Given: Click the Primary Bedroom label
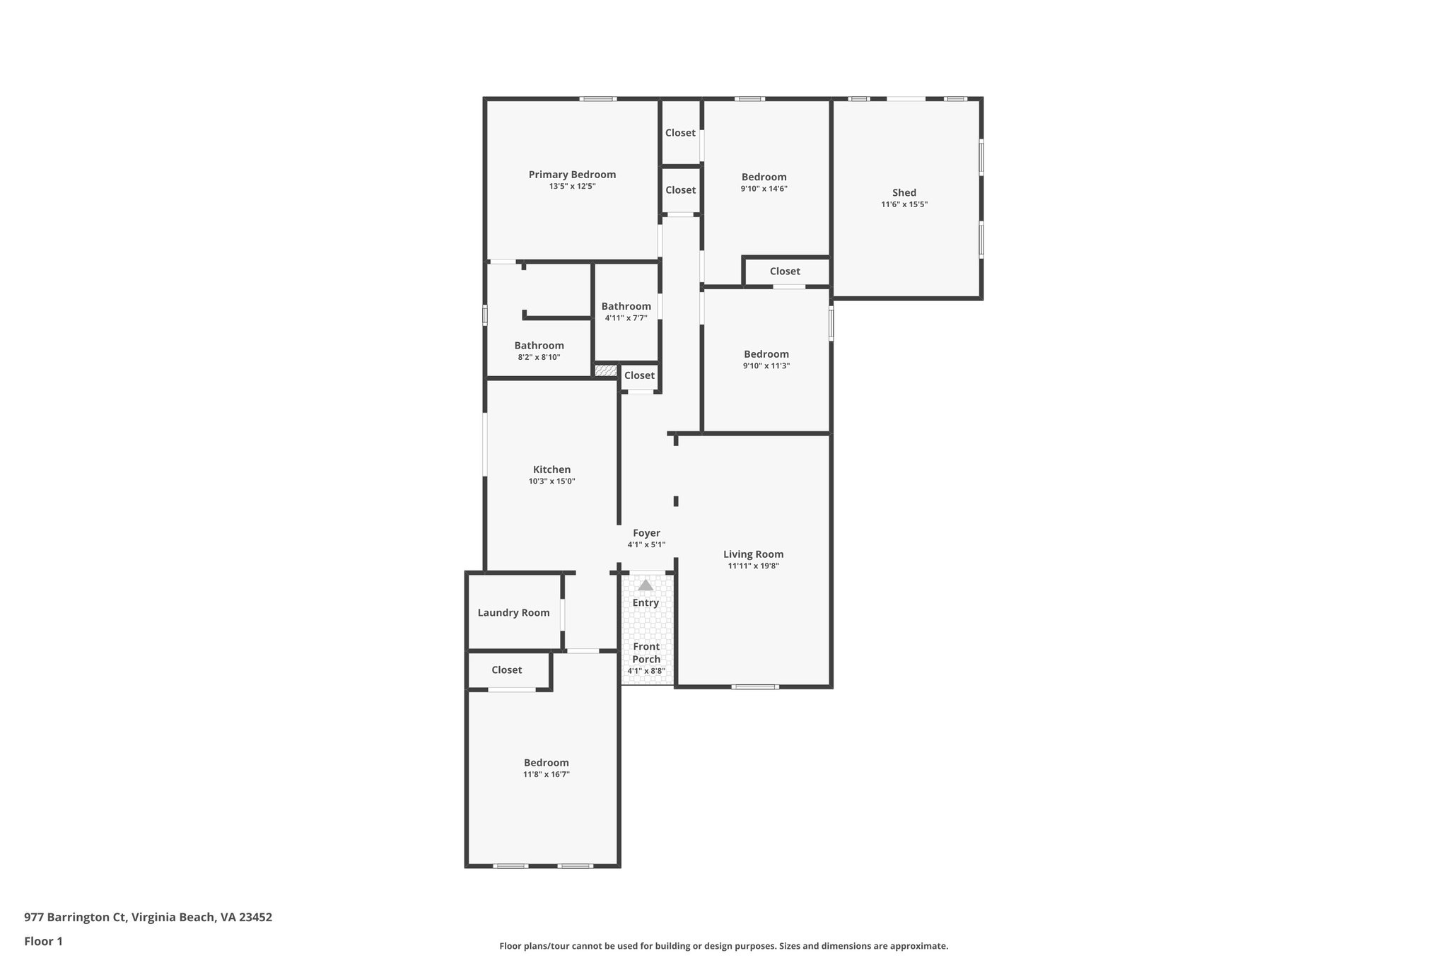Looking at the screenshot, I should (x=572, y=175).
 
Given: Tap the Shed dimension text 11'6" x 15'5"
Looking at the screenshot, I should (x=904, y=204).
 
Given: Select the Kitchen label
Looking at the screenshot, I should (x=551, y=469).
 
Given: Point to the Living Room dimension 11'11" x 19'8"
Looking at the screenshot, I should (x=753, y=566).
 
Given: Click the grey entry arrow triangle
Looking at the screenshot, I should (x=646, y=585).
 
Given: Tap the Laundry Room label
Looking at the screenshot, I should (x=513, y=613).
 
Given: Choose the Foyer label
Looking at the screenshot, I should (x=646, y=533).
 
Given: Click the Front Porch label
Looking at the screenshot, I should (x=646, y=653).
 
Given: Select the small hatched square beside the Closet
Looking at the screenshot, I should (x=605, y=370).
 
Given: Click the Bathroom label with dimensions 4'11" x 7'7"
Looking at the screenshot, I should (x=626, y=306).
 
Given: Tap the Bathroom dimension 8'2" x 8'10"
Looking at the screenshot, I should (x=539, y=357).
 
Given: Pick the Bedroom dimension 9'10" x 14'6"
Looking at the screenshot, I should (x=764, y=189).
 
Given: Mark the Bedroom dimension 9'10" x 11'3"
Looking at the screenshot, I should (x=766, y=365).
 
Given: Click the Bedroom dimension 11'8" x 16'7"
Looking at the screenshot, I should (x=546, y=774).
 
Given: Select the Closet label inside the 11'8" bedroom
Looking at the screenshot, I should (x=506, y=670).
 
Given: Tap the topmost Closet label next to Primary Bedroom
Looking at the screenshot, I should (x=680, y=133).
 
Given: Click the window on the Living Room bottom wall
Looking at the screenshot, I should (x=754, y=686).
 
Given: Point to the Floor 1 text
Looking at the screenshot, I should (x=43, y=941).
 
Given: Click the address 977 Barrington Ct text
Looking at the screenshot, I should (x=148, y=917).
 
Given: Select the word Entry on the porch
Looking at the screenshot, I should (x=646, y=602).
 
